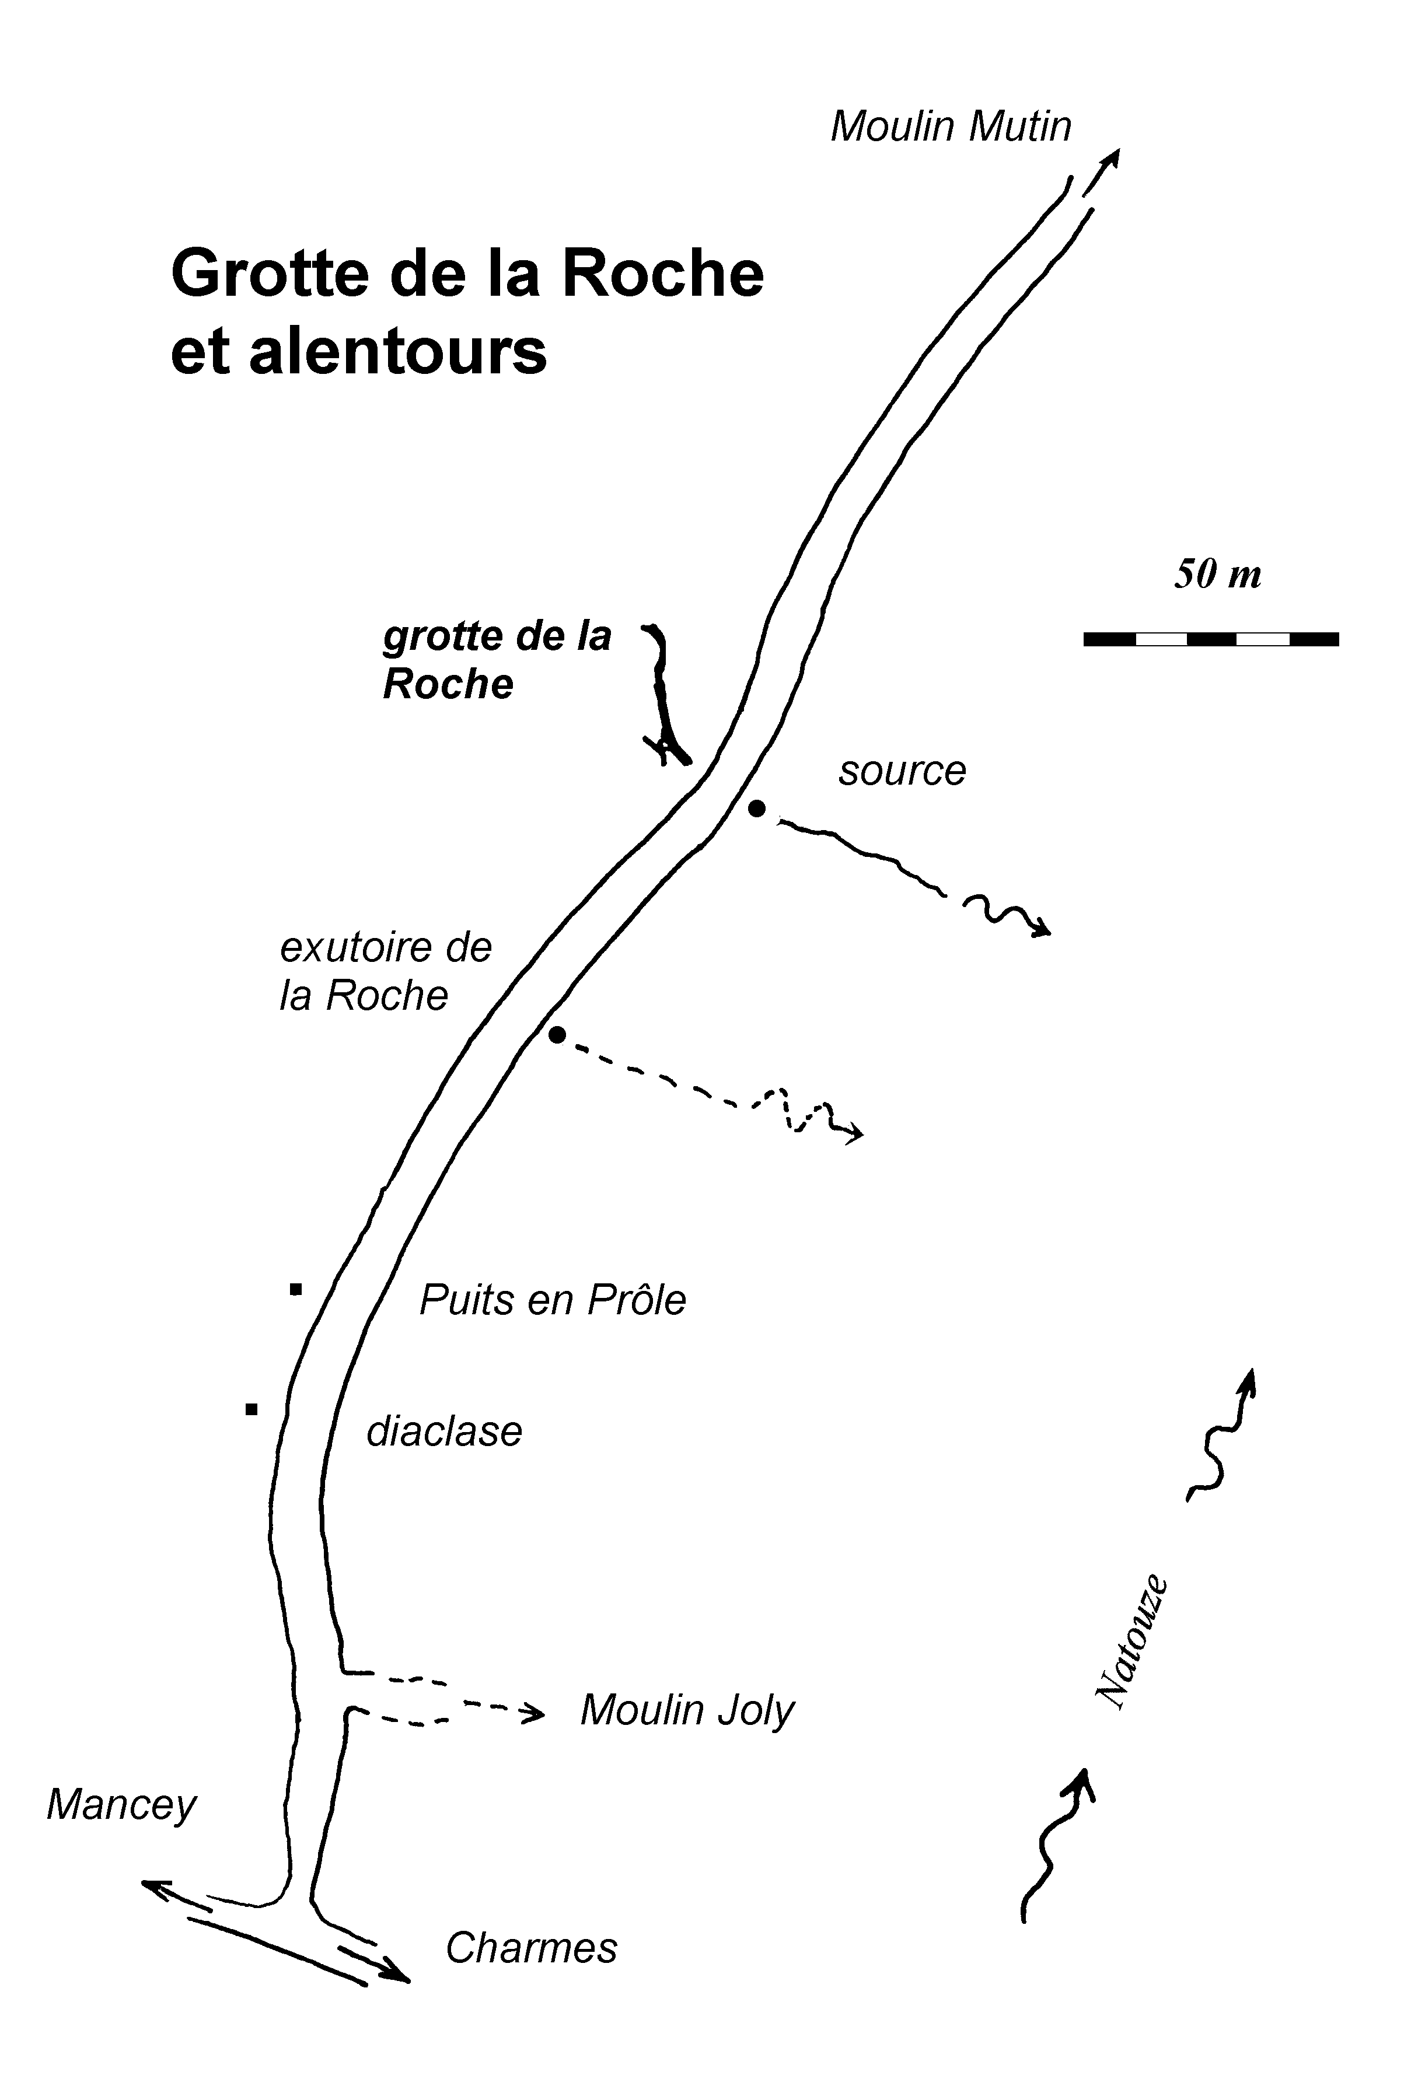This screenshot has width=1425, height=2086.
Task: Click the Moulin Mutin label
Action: pyautogui.click(x=951, y=127)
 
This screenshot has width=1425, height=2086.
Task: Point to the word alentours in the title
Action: pyautogui.click(x=398, y=352)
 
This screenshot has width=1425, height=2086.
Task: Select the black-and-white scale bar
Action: pyautogui.click(x=1211, y=639)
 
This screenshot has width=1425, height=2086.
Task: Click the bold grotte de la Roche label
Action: pyautogui.click(x=497, y=661)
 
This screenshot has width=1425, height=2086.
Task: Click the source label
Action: pyautogui.click(x=902, y=771)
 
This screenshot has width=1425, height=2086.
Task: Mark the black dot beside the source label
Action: pyautogui.click(x=757, y=808)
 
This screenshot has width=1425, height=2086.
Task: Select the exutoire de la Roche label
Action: pyautogui.click(x=386, y=971)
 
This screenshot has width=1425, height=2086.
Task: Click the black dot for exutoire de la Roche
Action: pyautogui.click(x=557, y=1035)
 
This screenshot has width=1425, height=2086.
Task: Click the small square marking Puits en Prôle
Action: pyautogui.click(x=295, y=1290)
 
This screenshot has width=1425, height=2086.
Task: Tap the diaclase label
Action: pyautogui.click(x=445, y=1431)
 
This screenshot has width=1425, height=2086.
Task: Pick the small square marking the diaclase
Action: pyautogui.click(x=252, y=1409)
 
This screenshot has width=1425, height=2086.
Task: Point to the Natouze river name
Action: pyautogui.click(x=1132, y=1643)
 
